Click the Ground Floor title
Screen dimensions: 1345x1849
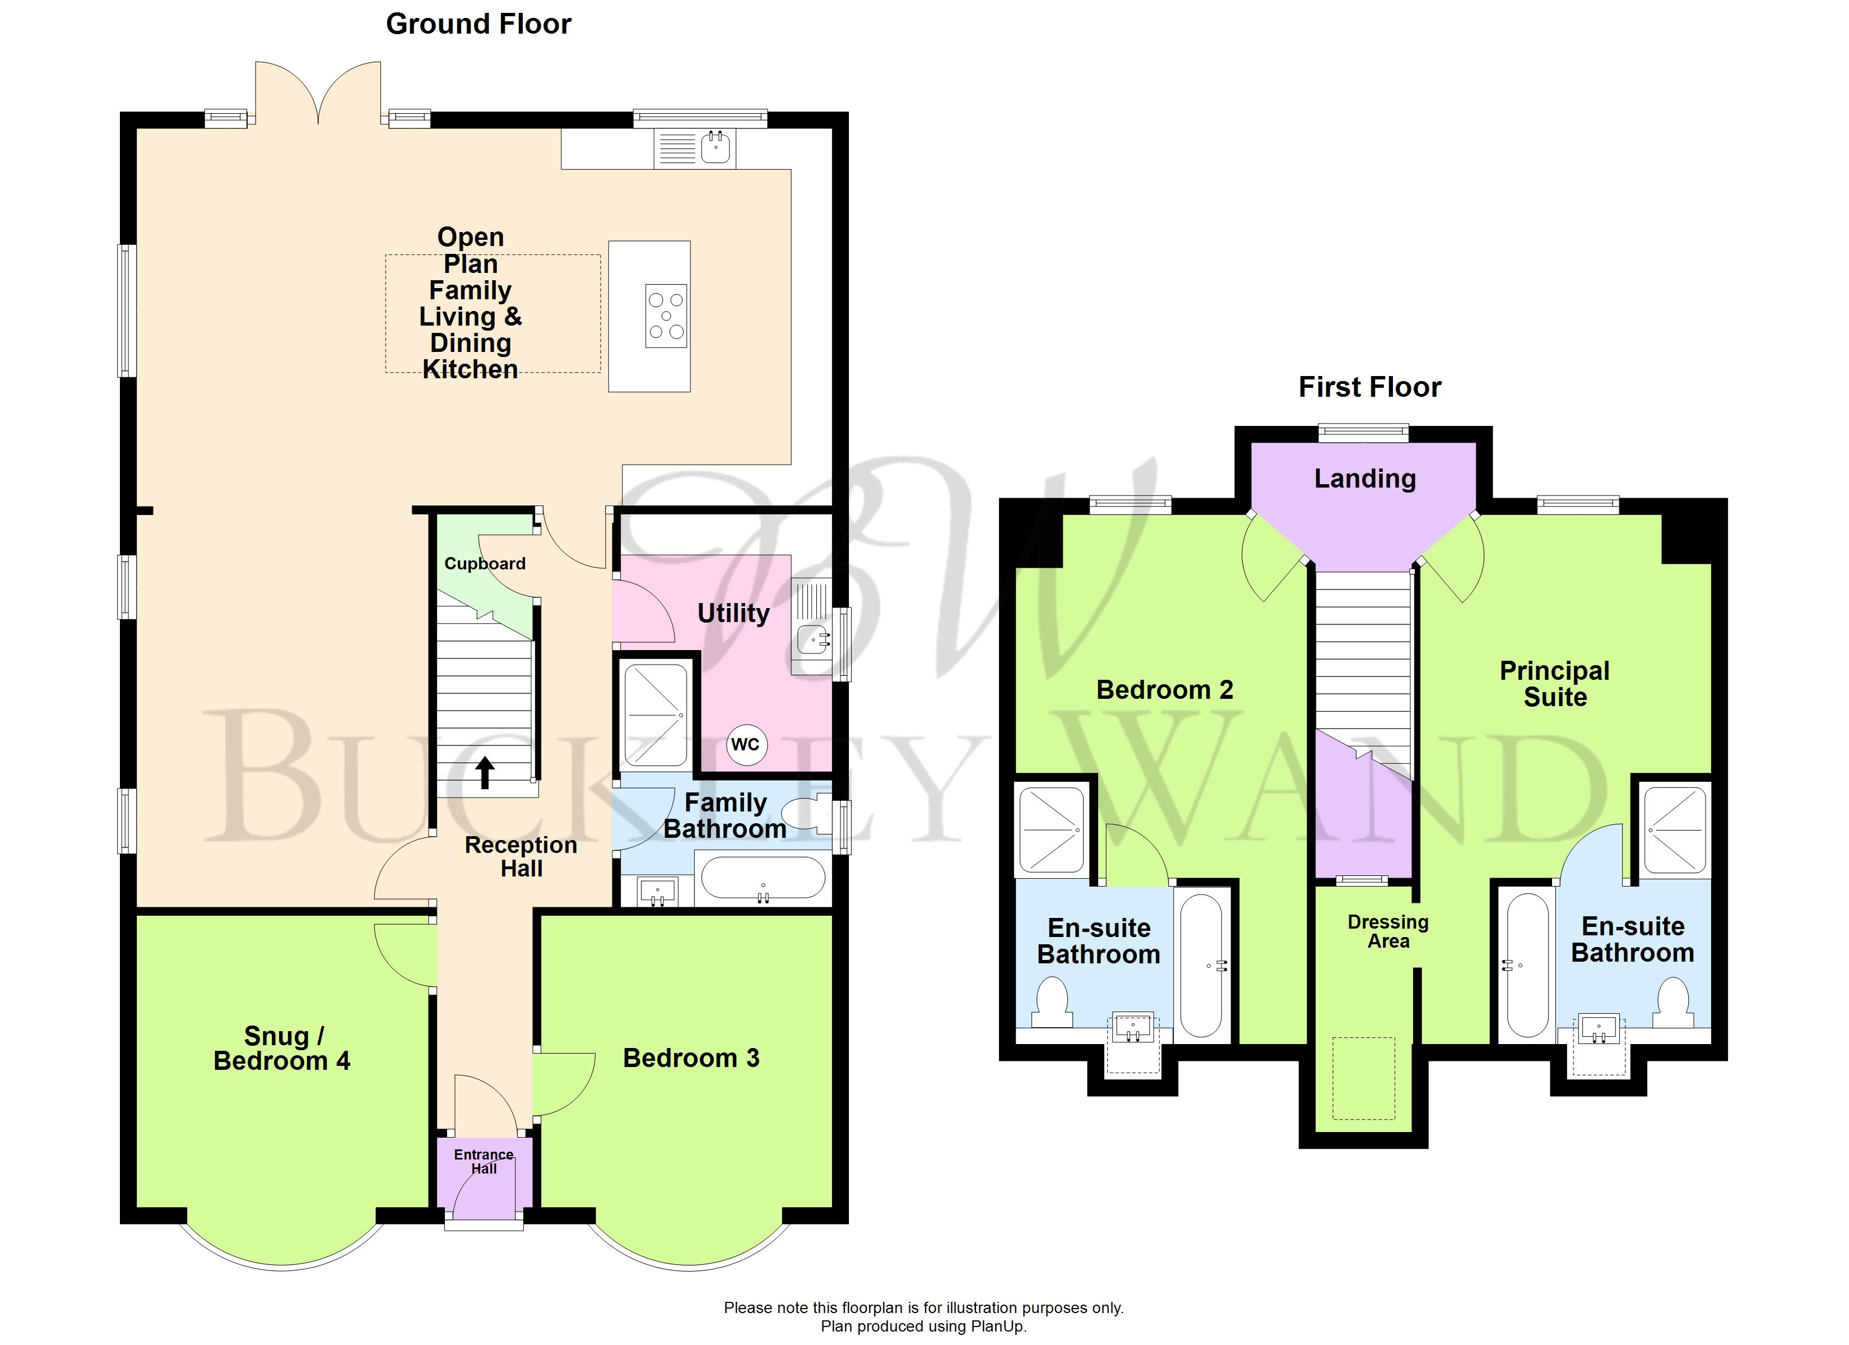[478, 25]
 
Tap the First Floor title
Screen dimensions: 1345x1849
[1369, 387]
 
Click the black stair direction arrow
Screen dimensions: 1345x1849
[485, 772]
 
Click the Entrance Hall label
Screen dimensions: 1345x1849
[484, 1161]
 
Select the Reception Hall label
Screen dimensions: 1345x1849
[521, 856]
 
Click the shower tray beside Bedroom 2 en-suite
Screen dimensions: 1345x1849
[1052, 829]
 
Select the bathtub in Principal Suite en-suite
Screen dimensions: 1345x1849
[1526, 966]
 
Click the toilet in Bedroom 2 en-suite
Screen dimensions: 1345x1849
[1052, 1001]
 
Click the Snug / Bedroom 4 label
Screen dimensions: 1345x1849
[281, 1048]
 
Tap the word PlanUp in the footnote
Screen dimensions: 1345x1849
[998, 1327]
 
